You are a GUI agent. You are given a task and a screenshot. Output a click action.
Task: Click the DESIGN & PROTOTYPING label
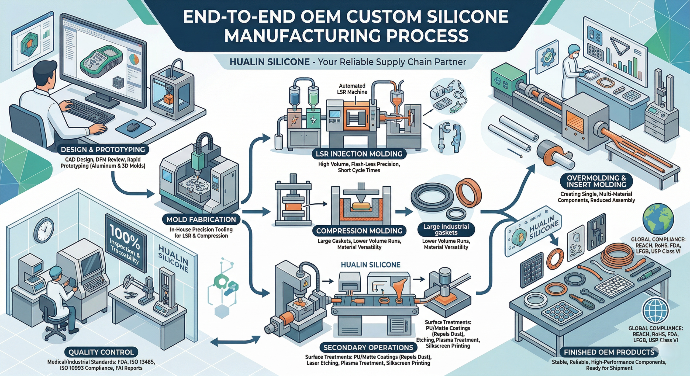pos(103,149)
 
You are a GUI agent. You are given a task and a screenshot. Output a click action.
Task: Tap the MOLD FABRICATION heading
pos(201,219)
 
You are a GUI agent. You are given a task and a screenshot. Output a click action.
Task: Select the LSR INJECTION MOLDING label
pos(359,154)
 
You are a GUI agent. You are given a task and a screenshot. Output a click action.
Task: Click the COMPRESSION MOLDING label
pos(359,231)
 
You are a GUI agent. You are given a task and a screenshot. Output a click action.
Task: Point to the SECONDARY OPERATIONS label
pos(368,347)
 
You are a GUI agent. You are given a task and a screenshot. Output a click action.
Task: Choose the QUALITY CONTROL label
pos(101,352)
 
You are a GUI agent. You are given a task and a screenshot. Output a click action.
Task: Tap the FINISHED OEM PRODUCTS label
pos(609,352)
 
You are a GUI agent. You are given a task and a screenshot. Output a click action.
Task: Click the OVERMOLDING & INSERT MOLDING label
pos(596,181)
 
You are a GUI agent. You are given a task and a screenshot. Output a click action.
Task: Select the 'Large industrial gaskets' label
pos(446,229)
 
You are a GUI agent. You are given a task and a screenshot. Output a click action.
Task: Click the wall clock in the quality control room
pos(44,230)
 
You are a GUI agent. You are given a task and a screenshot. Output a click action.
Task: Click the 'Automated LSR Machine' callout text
pos(352,89)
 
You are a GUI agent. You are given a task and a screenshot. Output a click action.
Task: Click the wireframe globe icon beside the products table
pos(655,311)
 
